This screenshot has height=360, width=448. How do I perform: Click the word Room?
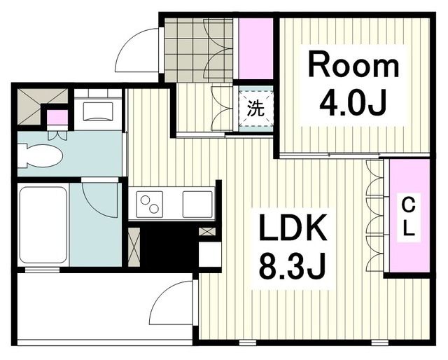point(353,66)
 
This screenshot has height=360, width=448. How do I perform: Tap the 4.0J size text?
point(353,104)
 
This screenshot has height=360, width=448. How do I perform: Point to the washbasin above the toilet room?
point(98,111)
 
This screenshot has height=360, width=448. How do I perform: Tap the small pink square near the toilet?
point(57,117)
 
